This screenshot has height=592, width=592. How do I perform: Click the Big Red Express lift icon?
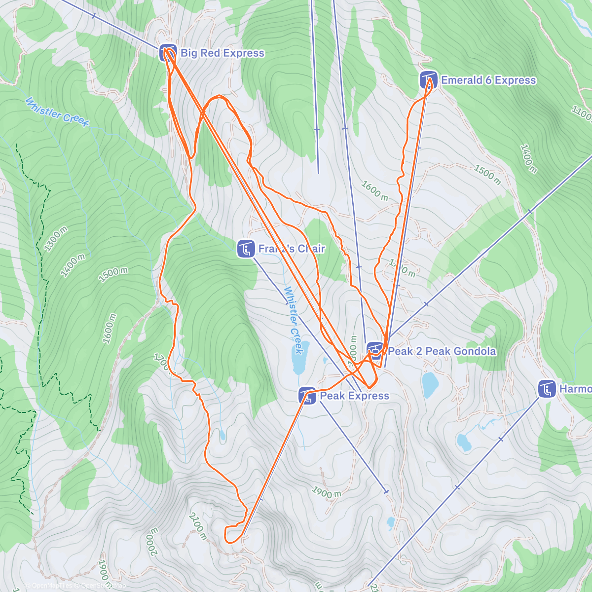click(168, 53)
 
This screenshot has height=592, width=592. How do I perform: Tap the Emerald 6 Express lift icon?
click(428, 80)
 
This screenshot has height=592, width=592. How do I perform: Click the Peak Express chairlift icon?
click(307, 396)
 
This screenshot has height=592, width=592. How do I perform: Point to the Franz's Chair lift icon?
click(246, 249)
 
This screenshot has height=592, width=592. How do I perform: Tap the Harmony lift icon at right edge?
click(547, 389)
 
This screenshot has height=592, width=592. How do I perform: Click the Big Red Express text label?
click(222, 53)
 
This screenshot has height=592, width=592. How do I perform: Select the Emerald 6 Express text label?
click(488, 80)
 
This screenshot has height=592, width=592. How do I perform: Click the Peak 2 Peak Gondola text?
click(442, 351)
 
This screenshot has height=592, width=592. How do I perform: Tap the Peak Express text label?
click(354, 396)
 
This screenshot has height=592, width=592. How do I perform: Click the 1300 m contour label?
click(56, 239)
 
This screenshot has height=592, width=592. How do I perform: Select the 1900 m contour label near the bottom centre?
click(327, 492)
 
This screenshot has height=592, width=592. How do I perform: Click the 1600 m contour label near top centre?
click(374, 191)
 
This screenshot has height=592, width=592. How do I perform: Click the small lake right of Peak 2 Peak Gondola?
click(430, 384)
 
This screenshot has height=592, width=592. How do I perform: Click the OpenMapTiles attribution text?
click(48, 586)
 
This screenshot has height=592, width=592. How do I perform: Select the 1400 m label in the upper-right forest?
click(528, 158)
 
